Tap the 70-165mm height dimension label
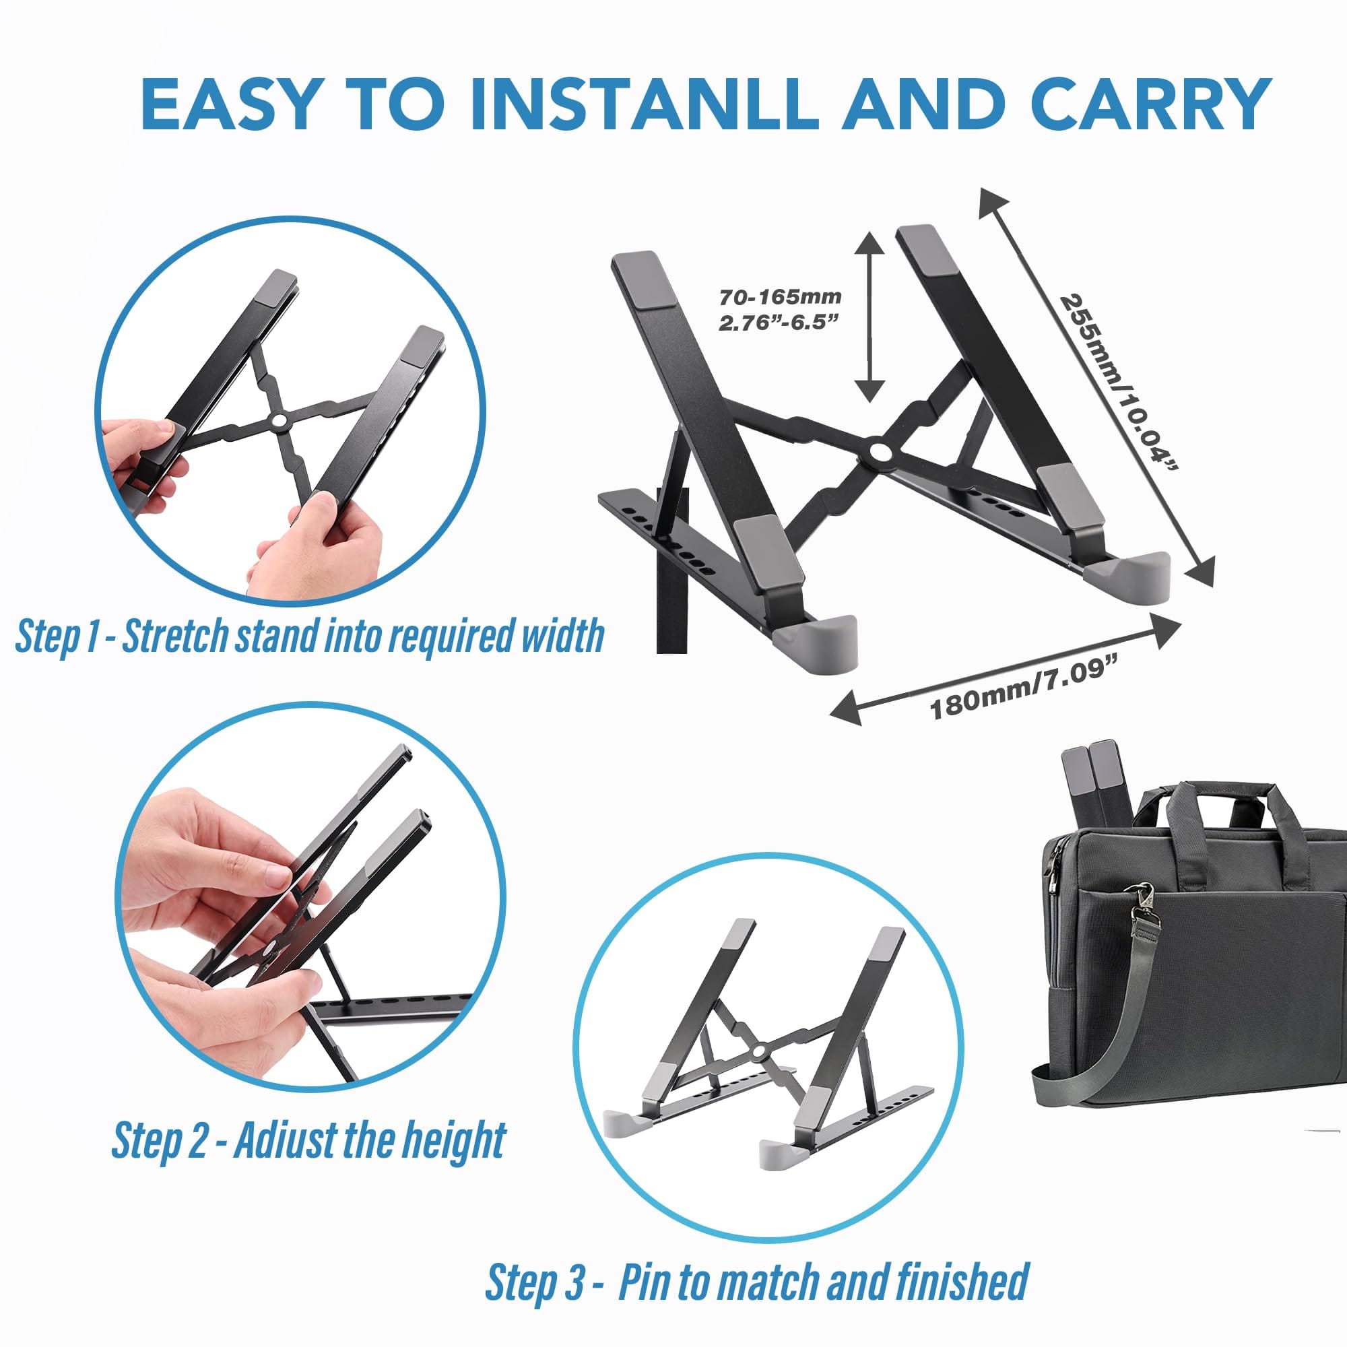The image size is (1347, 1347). coord(780,298)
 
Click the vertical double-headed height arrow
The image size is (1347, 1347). coord(869,317)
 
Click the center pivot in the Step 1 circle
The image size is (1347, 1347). coord(279,420)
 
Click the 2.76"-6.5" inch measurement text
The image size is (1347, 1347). coord(777,323)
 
